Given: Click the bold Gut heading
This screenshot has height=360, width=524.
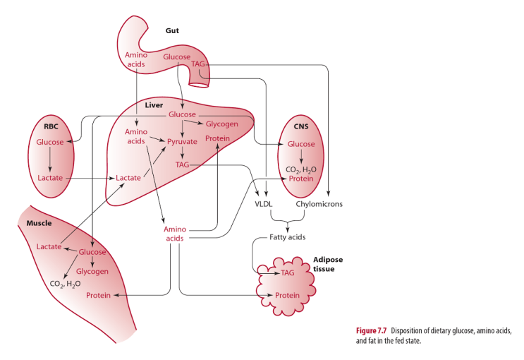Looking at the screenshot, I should pos(172,30).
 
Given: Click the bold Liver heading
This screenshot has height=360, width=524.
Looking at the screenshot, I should pos(154,104).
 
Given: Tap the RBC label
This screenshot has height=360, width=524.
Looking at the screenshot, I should pos(51,126).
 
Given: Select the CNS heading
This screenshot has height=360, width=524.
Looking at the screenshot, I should pos(301,126).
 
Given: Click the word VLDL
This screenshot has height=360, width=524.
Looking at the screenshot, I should pos(263,204).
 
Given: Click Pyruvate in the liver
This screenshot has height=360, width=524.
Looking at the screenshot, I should pos(182,141).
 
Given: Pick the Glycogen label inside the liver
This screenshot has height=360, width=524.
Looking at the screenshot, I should pos(221,124).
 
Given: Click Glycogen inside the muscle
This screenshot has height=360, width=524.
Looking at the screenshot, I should pos(92,271).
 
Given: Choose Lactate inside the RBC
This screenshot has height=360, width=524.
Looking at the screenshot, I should pos(51,178).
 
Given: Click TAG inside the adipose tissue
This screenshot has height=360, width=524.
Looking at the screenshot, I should pos(287,272).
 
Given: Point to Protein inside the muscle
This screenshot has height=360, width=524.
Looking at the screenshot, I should pos(98,295).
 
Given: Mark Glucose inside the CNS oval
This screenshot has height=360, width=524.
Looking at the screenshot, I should pos(301,144).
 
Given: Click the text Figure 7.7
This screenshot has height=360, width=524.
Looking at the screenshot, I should pos(374,330).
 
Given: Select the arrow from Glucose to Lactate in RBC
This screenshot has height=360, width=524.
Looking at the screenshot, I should pos(51,160).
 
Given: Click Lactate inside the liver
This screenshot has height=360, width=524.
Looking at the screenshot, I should pos(128,178).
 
